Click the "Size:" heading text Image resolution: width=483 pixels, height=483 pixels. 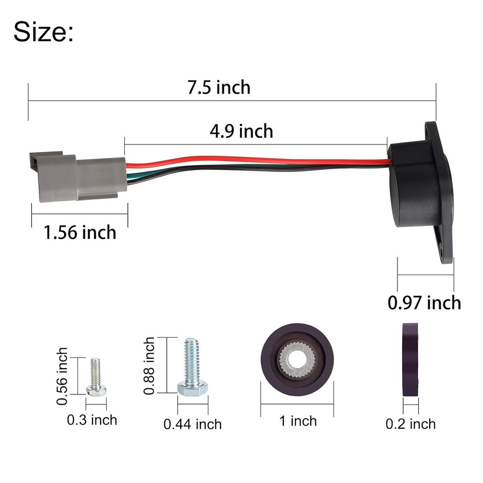tap(43, 32)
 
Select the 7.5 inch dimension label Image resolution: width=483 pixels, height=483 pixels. tap(219, 87)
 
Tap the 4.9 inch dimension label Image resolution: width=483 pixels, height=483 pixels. tap(242, 131)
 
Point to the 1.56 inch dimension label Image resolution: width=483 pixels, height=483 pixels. tap(79, 232)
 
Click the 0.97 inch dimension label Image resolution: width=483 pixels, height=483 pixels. tap(424, 302)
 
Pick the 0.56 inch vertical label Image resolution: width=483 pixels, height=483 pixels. tap(62, 376)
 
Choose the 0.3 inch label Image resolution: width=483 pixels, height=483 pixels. tap(92, 419)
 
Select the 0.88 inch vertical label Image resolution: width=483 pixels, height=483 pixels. tap(149, 366)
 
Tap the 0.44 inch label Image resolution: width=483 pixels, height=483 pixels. tap(192, 424)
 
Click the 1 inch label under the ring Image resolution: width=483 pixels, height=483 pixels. tap(298, 421)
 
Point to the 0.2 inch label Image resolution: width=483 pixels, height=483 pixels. tap(411, 424)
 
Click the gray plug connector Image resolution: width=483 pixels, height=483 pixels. tap(75, 176)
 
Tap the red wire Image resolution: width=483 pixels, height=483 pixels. tap(252, 160)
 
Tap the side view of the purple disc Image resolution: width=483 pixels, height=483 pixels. tap(410, 360)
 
